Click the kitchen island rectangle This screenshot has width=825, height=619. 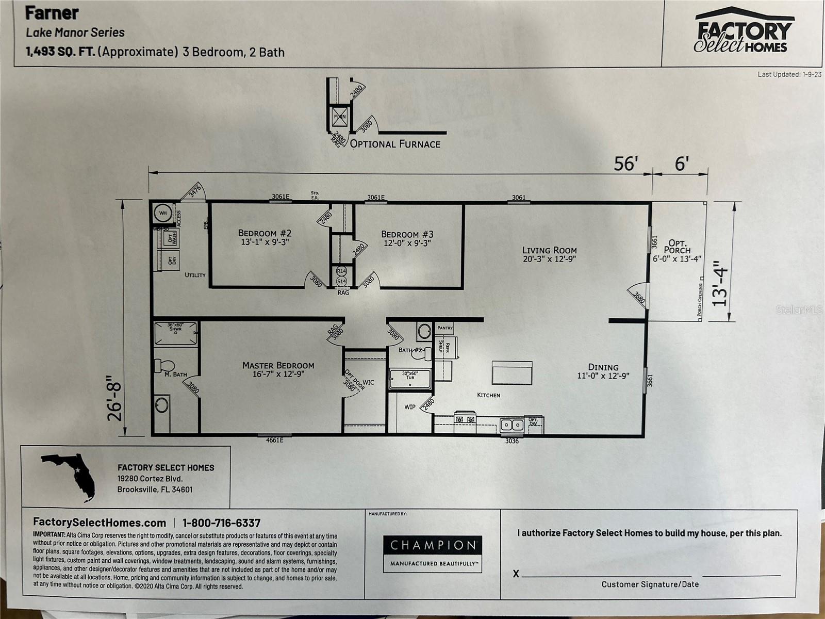[x=511, y=372]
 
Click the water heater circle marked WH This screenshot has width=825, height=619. [x=162, y=213]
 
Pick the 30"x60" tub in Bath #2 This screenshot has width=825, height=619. [x=410, y=378]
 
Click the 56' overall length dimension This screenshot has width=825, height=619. [x=625, y=164]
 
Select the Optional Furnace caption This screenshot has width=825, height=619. [x=395, y=144]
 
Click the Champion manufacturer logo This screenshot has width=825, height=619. [x=432, y=553]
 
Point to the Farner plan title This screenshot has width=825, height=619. [x=52, y=12]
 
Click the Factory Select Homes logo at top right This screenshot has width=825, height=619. [x=742, y=31]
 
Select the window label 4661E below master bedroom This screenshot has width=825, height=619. [x=274, y=440]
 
